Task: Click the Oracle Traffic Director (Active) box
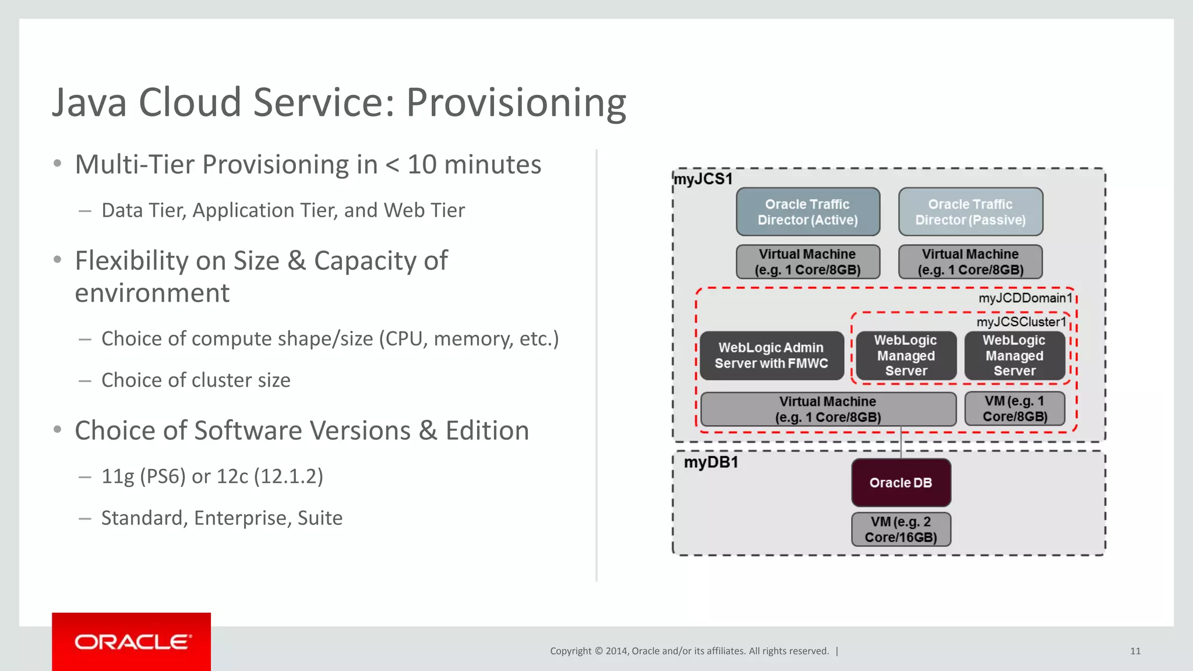807,212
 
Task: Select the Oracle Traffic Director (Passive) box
970,212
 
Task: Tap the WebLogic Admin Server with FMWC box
771,355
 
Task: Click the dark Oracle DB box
901,482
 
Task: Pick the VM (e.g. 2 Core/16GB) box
901,529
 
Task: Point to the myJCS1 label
703,179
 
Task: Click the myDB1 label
711,462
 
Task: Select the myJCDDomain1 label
1025,298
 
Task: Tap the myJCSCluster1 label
1021,322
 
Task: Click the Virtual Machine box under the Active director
807,262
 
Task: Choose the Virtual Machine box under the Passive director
970,262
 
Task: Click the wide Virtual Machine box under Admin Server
828,409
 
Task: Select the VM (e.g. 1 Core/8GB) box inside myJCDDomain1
1015,409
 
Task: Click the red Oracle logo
132,642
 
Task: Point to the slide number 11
1135,651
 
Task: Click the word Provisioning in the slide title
516,103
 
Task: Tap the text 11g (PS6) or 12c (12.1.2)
212,476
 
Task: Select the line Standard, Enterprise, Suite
221,518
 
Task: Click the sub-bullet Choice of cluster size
196,380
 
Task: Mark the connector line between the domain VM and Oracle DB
901,443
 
